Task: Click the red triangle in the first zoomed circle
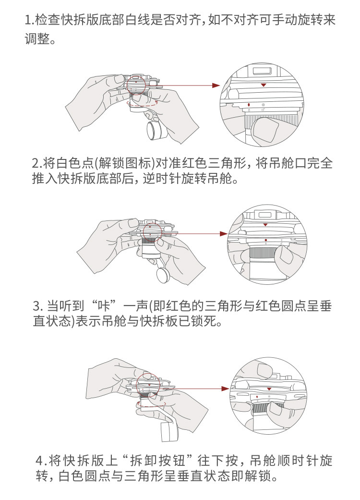tap(263, 85)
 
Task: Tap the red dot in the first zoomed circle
tap(249, 105)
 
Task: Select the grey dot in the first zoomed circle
tap(263, 105)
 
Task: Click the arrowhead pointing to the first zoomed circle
tap(216, 85)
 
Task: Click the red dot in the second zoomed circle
tap(266, 240)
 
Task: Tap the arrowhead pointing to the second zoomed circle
tap(224, 234)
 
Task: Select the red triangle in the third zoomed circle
tap(269, 389)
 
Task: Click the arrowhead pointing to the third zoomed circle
tap(225, 389)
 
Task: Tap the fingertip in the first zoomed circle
tap(265, 131)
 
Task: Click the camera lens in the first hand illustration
tap(155, 131)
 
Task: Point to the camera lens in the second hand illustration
tap(163, 276)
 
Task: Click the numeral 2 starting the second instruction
tap(36, 164)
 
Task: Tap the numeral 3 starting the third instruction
tap(36, 306)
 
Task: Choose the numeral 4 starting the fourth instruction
tap(39, 461)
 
